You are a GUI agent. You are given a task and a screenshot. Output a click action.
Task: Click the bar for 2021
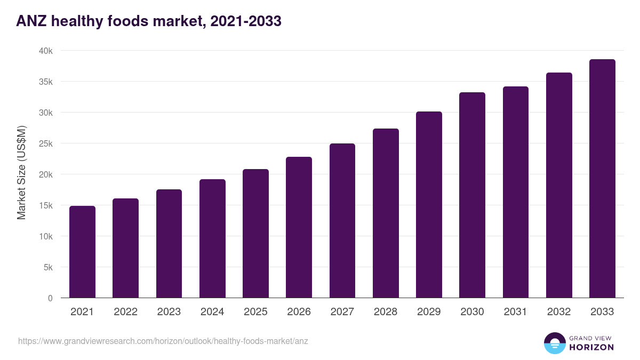(82, 252)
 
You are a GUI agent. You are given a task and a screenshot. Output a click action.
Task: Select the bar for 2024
(212, 238)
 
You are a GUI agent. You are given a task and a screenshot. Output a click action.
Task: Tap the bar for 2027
(342, 220)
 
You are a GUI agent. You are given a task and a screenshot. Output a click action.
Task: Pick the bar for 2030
(473, 195)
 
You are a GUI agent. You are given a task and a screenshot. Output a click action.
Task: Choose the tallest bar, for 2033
(602, 178)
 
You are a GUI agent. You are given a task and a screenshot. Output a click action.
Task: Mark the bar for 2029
(429, 204)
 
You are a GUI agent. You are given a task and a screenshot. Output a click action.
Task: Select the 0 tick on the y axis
(51, 298)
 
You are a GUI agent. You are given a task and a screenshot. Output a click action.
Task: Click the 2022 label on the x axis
(125, 312)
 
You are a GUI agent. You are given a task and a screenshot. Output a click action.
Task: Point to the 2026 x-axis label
(299, 312)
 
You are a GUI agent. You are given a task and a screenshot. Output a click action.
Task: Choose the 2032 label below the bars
(559, 312)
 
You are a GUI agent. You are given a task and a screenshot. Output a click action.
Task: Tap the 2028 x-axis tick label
(386, 312)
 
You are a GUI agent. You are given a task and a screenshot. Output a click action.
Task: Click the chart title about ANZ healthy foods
(149, 21)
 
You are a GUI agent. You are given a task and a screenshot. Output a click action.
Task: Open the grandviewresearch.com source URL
(163, 341)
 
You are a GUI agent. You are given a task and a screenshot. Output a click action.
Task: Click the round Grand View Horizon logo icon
(554, 343)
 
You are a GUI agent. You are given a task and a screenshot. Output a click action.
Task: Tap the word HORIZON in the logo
(591, 347)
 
